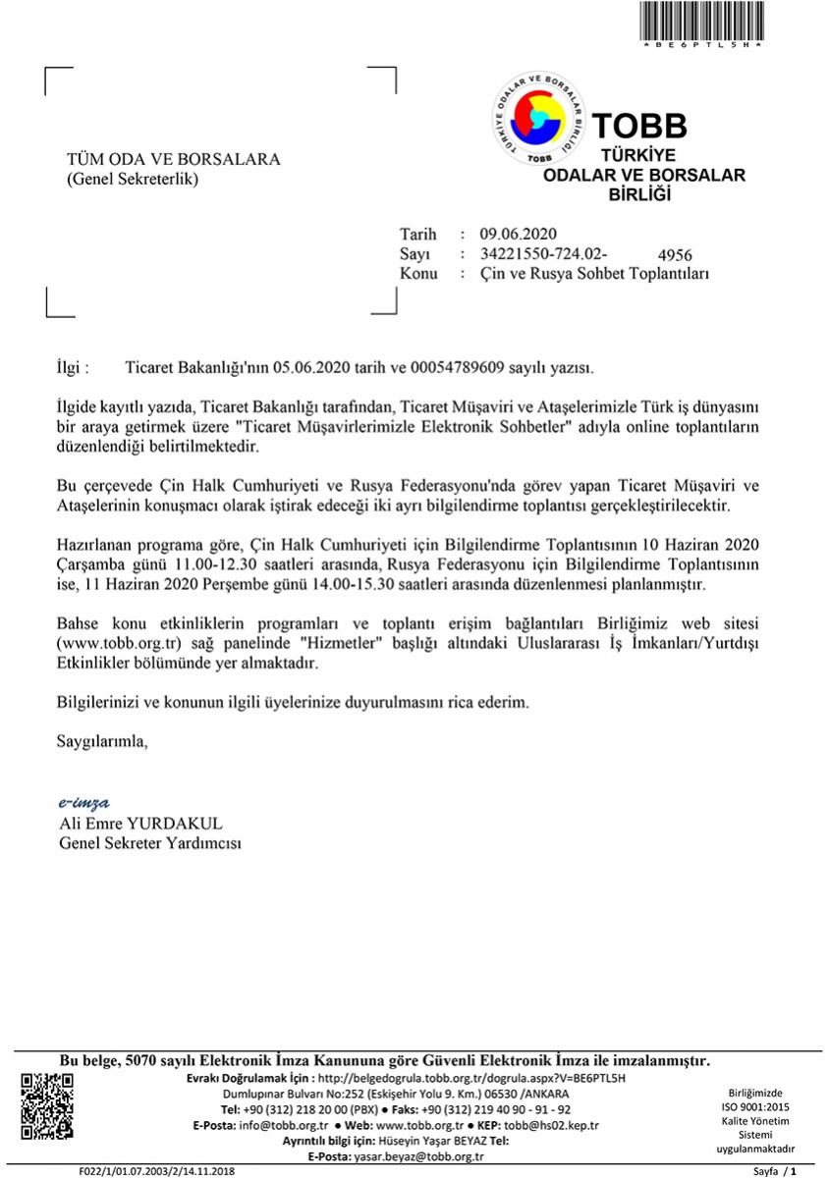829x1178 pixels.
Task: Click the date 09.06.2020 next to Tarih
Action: [519, 234]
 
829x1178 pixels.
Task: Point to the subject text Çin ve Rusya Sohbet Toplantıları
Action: [594, 274]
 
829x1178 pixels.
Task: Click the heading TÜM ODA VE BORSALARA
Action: [173, 159]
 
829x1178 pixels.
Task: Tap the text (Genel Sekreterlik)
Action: [132, 179]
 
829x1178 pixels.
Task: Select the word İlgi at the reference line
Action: [72, 368]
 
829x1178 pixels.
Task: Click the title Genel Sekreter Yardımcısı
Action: [150, 842]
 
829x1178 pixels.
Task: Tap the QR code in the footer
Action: [47, 1106]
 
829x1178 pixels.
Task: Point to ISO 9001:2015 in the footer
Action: [755, 1106]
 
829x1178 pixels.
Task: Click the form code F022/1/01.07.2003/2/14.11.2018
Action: [158, 1171]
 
